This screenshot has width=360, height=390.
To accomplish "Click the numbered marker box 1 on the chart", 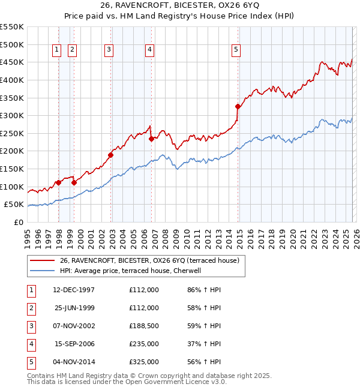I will [56, 50].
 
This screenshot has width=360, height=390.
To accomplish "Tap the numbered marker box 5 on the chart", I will [236, 50].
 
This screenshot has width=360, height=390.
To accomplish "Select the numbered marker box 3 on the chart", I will [109, 50].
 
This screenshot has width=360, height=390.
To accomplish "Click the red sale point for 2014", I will [238, 107].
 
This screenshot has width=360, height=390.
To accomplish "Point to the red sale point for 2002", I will [111, 155].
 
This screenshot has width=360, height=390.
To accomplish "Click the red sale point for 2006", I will [151, 139].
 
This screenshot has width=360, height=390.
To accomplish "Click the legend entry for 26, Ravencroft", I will [149, 260].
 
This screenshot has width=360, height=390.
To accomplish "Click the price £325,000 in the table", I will [144, 362].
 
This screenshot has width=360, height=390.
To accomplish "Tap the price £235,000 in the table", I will [144, 344].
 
